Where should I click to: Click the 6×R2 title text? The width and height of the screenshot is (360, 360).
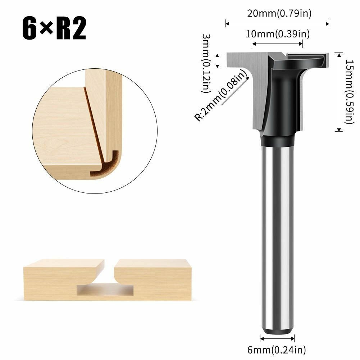click(54, 28)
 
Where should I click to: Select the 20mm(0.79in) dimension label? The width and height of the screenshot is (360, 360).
click(279, 13)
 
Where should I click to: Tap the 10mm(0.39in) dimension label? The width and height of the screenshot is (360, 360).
click(278, 34)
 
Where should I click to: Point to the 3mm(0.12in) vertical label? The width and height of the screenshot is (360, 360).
click(206, 63)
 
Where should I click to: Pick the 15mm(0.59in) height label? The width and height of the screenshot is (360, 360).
click(350, 92)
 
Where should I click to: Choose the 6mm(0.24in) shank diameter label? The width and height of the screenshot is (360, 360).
click(277, 350)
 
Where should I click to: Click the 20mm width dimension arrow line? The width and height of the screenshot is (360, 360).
click(277, 23)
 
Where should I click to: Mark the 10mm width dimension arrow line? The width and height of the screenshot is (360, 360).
click(277, 44)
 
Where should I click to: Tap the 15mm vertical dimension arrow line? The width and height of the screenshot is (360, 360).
click(339, 92)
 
